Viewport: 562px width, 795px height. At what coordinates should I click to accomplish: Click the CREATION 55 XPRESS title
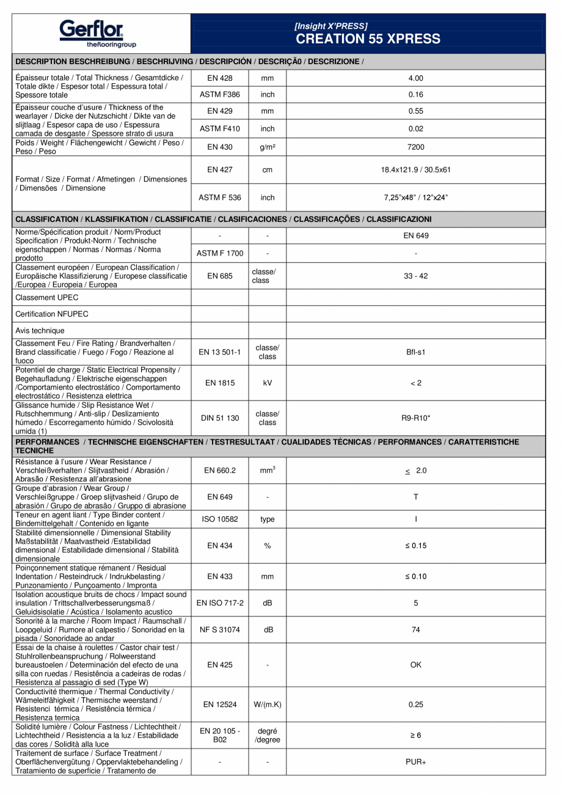[x=368, y=39]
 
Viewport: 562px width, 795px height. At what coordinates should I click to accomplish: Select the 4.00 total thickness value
[x=415, y=78]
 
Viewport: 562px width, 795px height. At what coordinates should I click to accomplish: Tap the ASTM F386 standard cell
[x=220, y=95]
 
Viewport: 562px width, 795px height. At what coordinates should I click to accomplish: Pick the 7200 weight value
[x=415, y=147]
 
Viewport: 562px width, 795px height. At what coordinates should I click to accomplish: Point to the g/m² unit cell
[x=268, y=147]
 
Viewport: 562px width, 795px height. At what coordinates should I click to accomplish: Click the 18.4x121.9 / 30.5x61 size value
[x=415, y=170]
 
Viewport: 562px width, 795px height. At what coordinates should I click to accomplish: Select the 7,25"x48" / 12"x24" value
[x=415, y=198]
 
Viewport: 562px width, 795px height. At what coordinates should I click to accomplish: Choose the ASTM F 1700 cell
[x=220, y=253]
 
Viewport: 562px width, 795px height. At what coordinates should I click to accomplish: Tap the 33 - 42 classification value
[x=415, y=276]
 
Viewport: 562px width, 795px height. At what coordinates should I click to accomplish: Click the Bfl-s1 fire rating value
[x=415, y=352]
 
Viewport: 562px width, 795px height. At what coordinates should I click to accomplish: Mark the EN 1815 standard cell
[x=220, y=383]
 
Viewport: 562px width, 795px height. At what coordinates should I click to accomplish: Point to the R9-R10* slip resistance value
[x=415, y=418]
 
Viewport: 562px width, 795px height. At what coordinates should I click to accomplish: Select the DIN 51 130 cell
[x=220, y=418]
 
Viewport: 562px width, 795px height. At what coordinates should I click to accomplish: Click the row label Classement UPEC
[x=47, y=298]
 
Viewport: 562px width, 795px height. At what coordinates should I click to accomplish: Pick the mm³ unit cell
[x=268, y=471]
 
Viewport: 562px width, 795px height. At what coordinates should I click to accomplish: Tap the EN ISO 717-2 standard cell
[x=220, y=603]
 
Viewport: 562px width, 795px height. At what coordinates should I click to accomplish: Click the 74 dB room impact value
[x=415, y=630]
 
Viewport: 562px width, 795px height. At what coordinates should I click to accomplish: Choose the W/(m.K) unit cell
[x=268, y=704]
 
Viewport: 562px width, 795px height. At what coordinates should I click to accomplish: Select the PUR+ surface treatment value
[x=415, y=762]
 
